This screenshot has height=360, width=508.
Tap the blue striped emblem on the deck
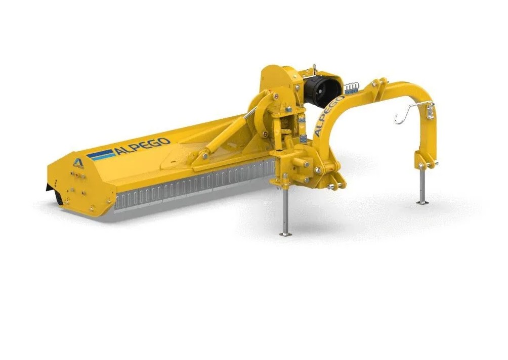101,155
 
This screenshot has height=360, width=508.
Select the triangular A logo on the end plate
78,162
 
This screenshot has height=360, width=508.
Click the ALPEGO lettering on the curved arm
328,115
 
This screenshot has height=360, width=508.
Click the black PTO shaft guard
323,88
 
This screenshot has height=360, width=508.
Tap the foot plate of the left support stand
285,234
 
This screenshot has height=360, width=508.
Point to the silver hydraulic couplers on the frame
352,87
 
